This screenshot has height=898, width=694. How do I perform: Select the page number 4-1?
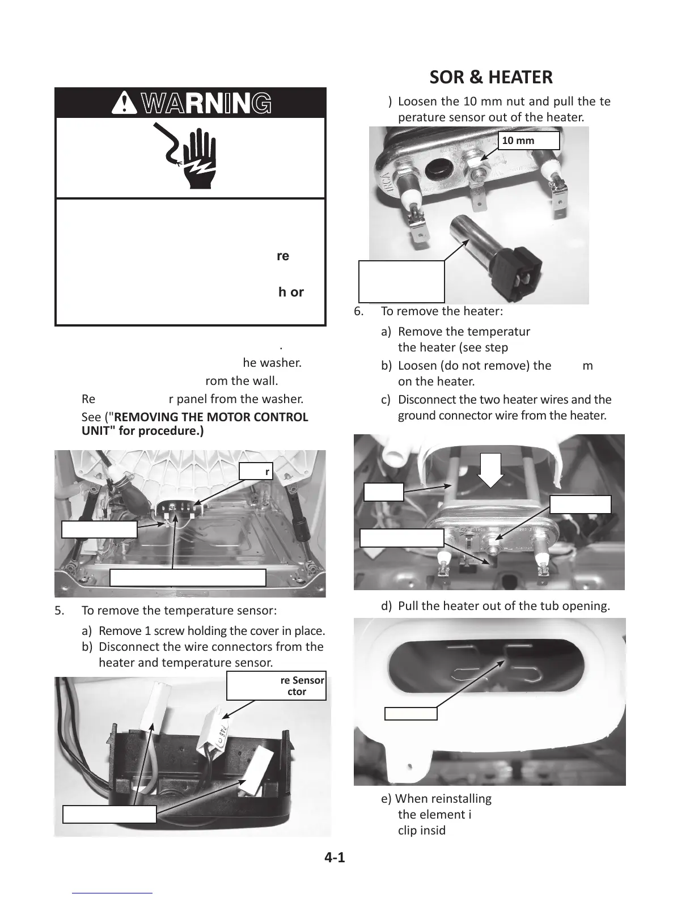point(335,857)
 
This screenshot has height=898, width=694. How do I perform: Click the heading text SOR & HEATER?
point(491,77)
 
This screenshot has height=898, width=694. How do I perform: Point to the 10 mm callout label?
point(528,141)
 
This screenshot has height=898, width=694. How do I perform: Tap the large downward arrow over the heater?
point(492,470)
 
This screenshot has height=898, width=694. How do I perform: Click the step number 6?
point(358,311)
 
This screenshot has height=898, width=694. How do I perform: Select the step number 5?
point(59,611)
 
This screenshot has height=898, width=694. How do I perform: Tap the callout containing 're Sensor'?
point(276,686)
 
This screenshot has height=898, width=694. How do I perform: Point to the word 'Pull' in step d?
point(408,606)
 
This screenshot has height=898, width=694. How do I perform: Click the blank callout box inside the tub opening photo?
point(411,713)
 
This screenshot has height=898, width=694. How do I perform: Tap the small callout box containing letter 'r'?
point(256,471)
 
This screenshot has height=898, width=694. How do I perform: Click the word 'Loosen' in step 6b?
point(418,366)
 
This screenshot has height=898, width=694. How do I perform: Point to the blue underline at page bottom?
point(113,893)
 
